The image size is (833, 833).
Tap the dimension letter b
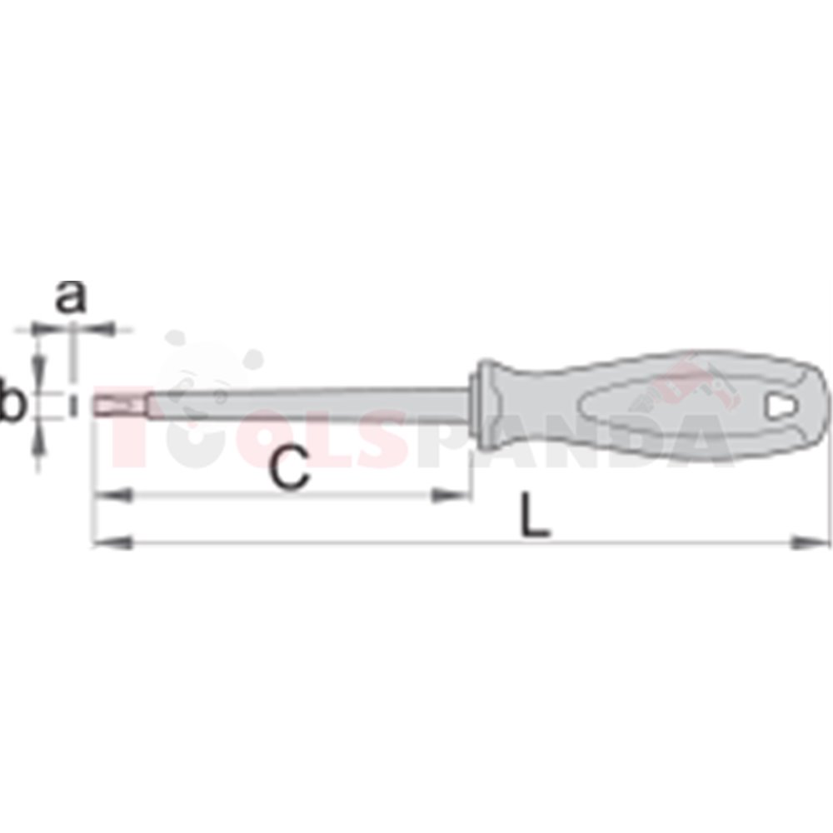(12, 398)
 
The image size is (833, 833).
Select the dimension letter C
(289, 467)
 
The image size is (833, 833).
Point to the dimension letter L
(535, 514)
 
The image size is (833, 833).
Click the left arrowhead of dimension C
(112, 496)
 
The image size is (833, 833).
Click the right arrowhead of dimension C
(451, 496)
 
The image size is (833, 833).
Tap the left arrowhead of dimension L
(112, 542)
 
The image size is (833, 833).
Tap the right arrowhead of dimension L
(810, 542)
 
